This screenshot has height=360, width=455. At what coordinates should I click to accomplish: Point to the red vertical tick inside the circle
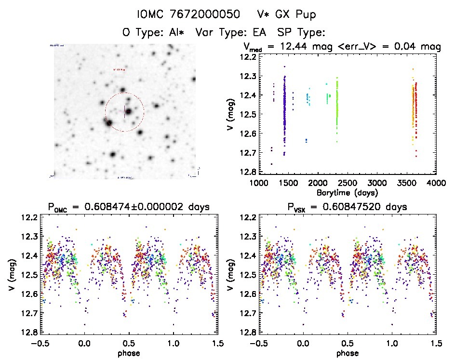coord(125,111)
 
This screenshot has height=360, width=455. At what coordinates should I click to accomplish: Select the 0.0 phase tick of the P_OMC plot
coord(85,344)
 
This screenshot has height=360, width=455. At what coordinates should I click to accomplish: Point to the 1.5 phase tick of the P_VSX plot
coord(435,344)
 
